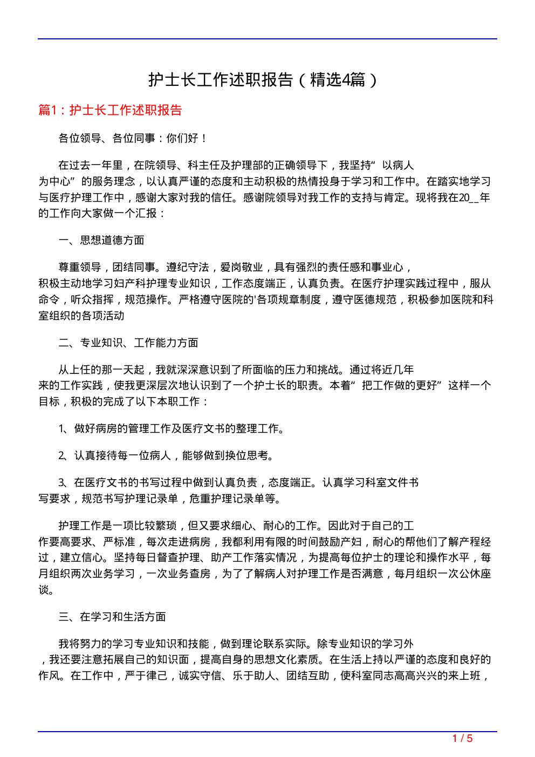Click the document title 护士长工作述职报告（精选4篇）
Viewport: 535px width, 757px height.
tap(263, 80)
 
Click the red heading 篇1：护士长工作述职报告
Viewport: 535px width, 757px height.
tap(110, 110)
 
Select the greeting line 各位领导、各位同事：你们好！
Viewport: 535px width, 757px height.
tap(133, 138)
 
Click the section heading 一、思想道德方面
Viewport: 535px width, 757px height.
tap(101, 240)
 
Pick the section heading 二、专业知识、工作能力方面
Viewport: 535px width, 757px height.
tap(128, 343)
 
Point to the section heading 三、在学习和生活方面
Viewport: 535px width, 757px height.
tap(112, 617)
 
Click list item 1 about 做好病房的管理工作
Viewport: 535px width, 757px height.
tap(172, 429)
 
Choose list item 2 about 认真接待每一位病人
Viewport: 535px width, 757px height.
tap(166, 456)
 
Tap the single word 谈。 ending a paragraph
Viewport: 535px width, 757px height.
tap(46, 590)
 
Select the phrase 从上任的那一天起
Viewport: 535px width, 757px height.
tap(101, 370)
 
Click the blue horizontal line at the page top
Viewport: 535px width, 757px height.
tap(267, 39)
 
